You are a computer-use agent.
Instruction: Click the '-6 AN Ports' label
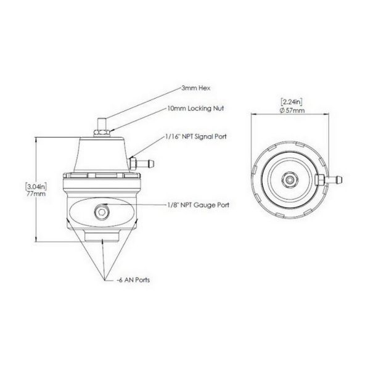pyautogui.click(x=134, y=279)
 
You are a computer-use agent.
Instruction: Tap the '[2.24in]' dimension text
pyautogui.click(x=289, y=101)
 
